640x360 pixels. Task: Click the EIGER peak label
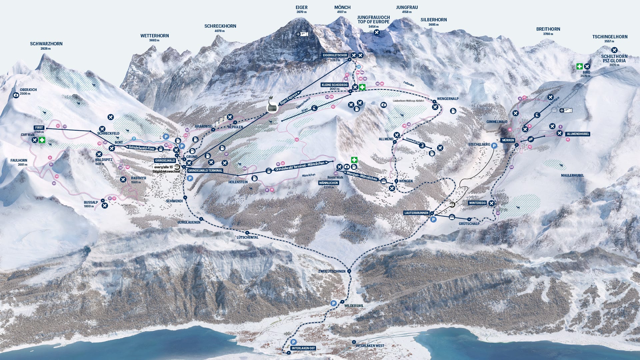(301, 7)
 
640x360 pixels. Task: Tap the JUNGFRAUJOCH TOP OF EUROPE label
(373, 19)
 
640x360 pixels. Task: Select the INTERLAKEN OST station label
(303, 348)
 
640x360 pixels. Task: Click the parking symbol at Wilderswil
(333, 303)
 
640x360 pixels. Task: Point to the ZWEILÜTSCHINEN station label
(332, 271)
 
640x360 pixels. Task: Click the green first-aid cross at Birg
(579, 66)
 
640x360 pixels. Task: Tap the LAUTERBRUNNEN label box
(416, 213)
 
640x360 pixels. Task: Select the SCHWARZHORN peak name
(46, 44)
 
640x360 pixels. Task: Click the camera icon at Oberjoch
(16, 95)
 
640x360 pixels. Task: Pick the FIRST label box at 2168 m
(39, 128)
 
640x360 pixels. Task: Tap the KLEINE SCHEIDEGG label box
(334, 85)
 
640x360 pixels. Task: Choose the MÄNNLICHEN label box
(328, 183)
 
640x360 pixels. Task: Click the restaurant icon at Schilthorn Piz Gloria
(614, 50)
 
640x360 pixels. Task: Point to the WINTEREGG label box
(477, 203)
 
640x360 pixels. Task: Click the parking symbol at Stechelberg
(494, 145)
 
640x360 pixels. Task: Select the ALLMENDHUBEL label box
(578, 134)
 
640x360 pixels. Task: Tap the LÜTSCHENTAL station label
(247, 237)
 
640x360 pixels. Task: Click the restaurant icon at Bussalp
(105, 205)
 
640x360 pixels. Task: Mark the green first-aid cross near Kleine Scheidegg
(362, 87)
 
